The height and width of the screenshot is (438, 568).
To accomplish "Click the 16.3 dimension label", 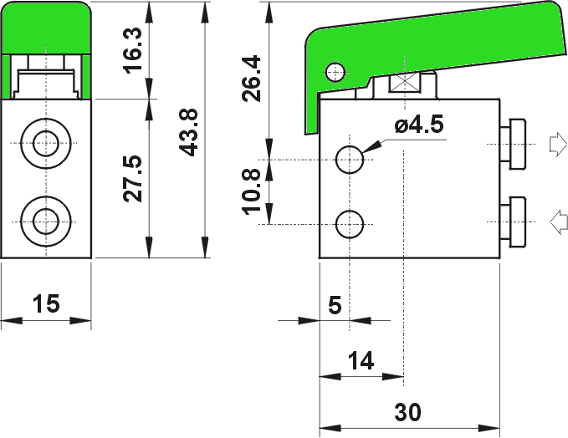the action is pyautogui.click(x=133, y=50).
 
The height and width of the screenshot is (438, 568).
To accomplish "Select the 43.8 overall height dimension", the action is pyautogui.click(x=189, y=132).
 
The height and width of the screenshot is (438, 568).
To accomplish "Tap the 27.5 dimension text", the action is pyautogui.click(x=133, y=178).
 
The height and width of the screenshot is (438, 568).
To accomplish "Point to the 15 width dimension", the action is pyautogui.click(x=46, y=303).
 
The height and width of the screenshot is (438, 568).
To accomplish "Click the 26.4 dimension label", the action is pyautogui.click(x=252, y=79).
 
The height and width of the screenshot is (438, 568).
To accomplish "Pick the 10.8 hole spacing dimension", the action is pyautogui.click(x=252, y=192).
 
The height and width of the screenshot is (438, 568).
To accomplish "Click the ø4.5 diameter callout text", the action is pyautogui.click(x=419, y=125).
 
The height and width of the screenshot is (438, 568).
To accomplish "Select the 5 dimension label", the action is pyautogui.click(x=335, y=305).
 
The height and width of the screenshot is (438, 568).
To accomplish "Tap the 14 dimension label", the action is pyautogui.click(x=361, y=361).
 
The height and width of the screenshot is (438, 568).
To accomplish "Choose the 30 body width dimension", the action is pyautogui.click(x=408, y=412).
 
